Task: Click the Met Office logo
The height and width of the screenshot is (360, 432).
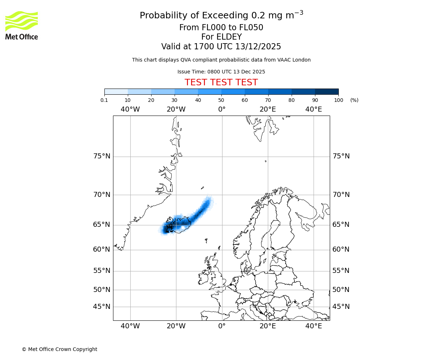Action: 22,25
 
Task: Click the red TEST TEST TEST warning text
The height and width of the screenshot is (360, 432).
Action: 221,82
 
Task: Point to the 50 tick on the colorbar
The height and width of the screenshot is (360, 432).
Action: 221,100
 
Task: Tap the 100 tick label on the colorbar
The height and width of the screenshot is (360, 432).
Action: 338,100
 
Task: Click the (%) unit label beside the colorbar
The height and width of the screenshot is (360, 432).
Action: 354,100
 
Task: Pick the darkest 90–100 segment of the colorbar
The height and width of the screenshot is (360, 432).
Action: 327,91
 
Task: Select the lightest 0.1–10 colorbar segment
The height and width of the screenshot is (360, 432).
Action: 116,91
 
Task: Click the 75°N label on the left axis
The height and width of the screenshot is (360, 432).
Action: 102,156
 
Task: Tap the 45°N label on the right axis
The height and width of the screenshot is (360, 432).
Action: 341,307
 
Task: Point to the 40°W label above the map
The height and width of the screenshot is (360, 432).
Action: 130,109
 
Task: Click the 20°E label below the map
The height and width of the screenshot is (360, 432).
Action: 267,326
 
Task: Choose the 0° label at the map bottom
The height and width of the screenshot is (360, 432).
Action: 222,326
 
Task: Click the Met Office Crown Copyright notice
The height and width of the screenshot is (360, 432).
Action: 59,349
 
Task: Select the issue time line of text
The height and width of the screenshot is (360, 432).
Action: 221,72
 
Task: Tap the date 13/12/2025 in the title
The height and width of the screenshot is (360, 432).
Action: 258,46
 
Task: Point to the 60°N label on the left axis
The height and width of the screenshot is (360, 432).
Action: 102,249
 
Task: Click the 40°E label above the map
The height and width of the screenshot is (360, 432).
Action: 313,109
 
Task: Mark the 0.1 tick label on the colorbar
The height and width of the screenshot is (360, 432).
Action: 104,100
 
